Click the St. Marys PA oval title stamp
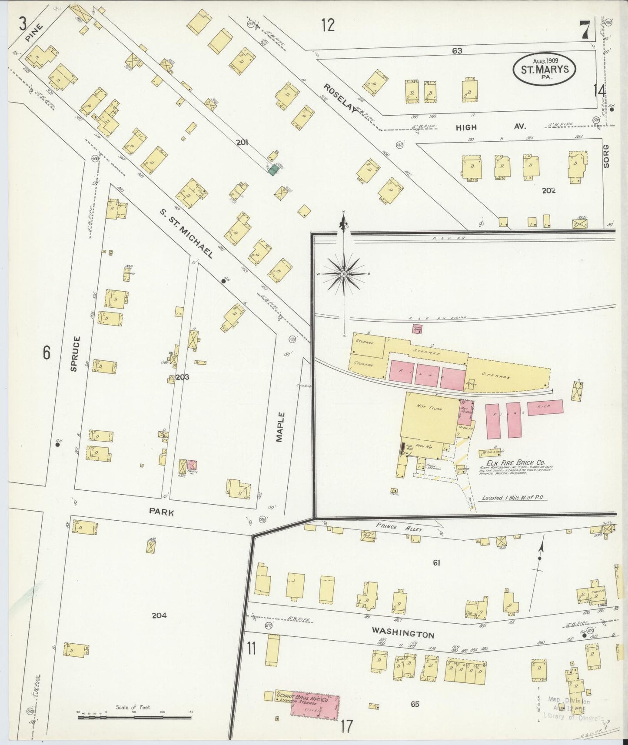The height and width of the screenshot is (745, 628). click(x=544, y=69)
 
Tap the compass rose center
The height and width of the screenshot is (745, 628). click(x=344, y=274)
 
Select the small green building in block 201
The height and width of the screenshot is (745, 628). click(x=273, y=170)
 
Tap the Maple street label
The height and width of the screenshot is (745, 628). click(x=280, y=427)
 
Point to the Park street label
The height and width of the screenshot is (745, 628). click(x=161, y=512)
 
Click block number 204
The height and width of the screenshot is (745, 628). click(x=159, y=615)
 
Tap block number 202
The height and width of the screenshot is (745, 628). click(x=549, y=190)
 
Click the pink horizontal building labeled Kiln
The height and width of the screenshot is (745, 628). click(x=545, y=407)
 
